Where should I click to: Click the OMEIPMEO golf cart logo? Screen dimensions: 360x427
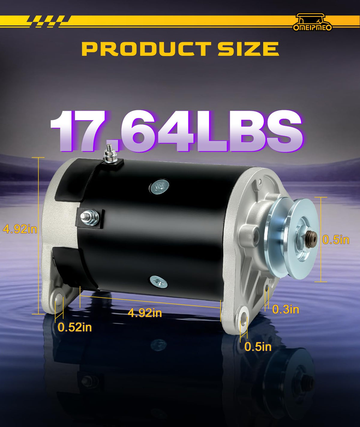pyautogui.click(x=312, y=22)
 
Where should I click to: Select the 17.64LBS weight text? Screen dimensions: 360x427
pyautogui.click(x=176, y=132)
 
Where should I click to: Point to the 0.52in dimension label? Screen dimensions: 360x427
pyautogui.click(x=75, y=327)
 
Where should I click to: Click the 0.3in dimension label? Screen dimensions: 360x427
pyautogui.click(x=286, y=309)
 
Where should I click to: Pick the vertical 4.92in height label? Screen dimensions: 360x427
pyautogui.click(x=20, y=229)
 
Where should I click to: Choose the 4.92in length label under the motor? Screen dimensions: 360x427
pyautogui.click(x=145, y=313)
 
